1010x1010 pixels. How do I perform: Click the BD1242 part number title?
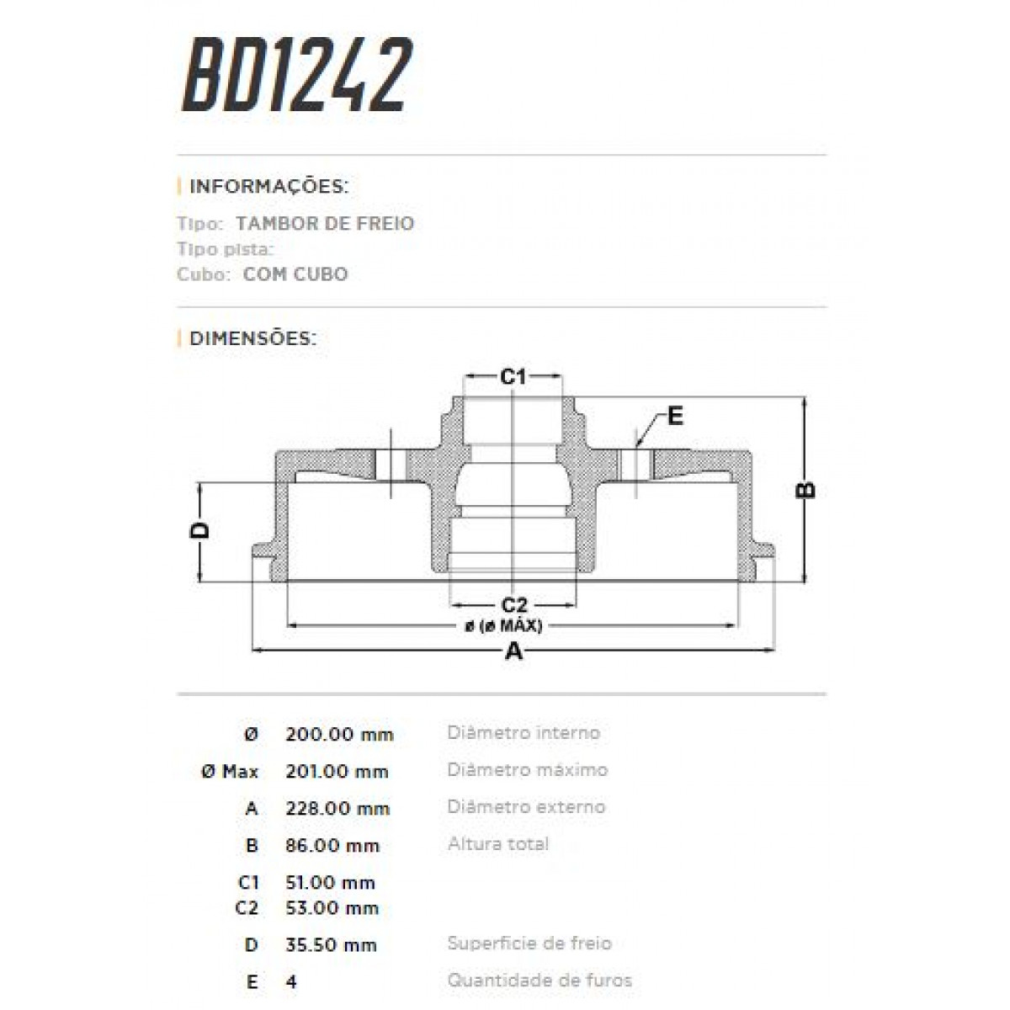(297, 74)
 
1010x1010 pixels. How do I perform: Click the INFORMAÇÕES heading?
(268, 186)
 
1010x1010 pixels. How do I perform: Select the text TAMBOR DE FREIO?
(325, 223)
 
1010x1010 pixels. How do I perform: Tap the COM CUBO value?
(295, 274)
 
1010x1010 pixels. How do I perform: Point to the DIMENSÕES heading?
(253, 338)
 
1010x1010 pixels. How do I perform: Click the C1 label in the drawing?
(513, 376)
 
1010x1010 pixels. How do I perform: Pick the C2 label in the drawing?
(513, 605)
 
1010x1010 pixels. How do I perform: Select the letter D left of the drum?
(199, 530)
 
